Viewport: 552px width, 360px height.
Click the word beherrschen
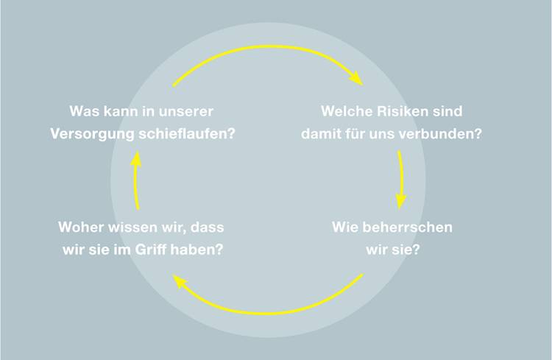(407, 227)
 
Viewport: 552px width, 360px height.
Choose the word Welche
(347, 111)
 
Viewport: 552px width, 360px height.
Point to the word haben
(193, 250)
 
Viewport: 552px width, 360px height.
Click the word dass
(208, 227)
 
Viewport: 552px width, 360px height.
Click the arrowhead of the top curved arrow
(355, 78)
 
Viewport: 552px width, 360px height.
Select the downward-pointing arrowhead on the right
(400, 201)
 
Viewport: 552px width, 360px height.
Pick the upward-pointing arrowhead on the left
(136, 159)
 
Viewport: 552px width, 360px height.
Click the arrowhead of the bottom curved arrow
(180, 281)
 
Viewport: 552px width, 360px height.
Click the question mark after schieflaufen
(231, 133)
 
